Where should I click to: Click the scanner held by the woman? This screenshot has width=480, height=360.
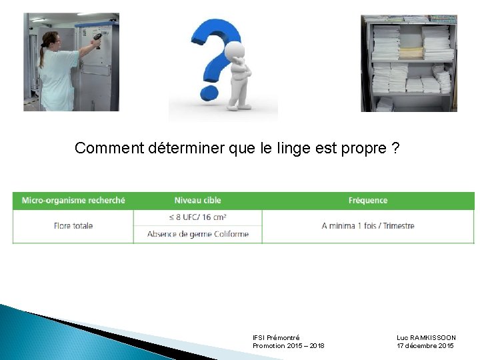(97, 39)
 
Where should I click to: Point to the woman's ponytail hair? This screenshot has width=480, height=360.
(43, 53)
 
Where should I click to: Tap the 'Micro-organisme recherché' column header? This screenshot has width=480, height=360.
(73, 200)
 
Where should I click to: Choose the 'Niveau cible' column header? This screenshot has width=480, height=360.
(197, 200)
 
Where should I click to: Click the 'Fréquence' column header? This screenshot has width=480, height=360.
(367, 200)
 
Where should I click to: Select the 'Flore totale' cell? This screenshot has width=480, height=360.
(73, 226)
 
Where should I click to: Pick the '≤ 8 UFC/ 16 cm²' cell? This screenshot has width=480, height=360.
(197, 217)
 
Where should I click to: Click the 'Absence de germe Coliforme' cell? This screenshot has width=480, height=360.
(197, 234)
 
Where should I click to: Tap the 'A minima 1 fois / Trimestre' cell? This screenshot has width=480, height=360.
(367, 226)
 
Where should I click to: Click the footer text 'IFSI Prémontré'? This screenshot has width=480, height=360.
(276, 338)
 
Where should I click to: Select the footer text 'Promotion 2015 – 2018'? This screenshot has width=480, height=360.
(288, 346)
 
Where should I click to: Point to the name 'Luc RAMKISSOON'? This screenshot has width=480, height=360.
(426, 338)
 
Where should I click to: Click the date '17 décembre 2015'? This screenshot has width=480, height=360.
(425, 346)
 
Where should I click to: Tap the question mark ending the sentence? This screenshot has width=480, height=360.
(396, 148)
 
